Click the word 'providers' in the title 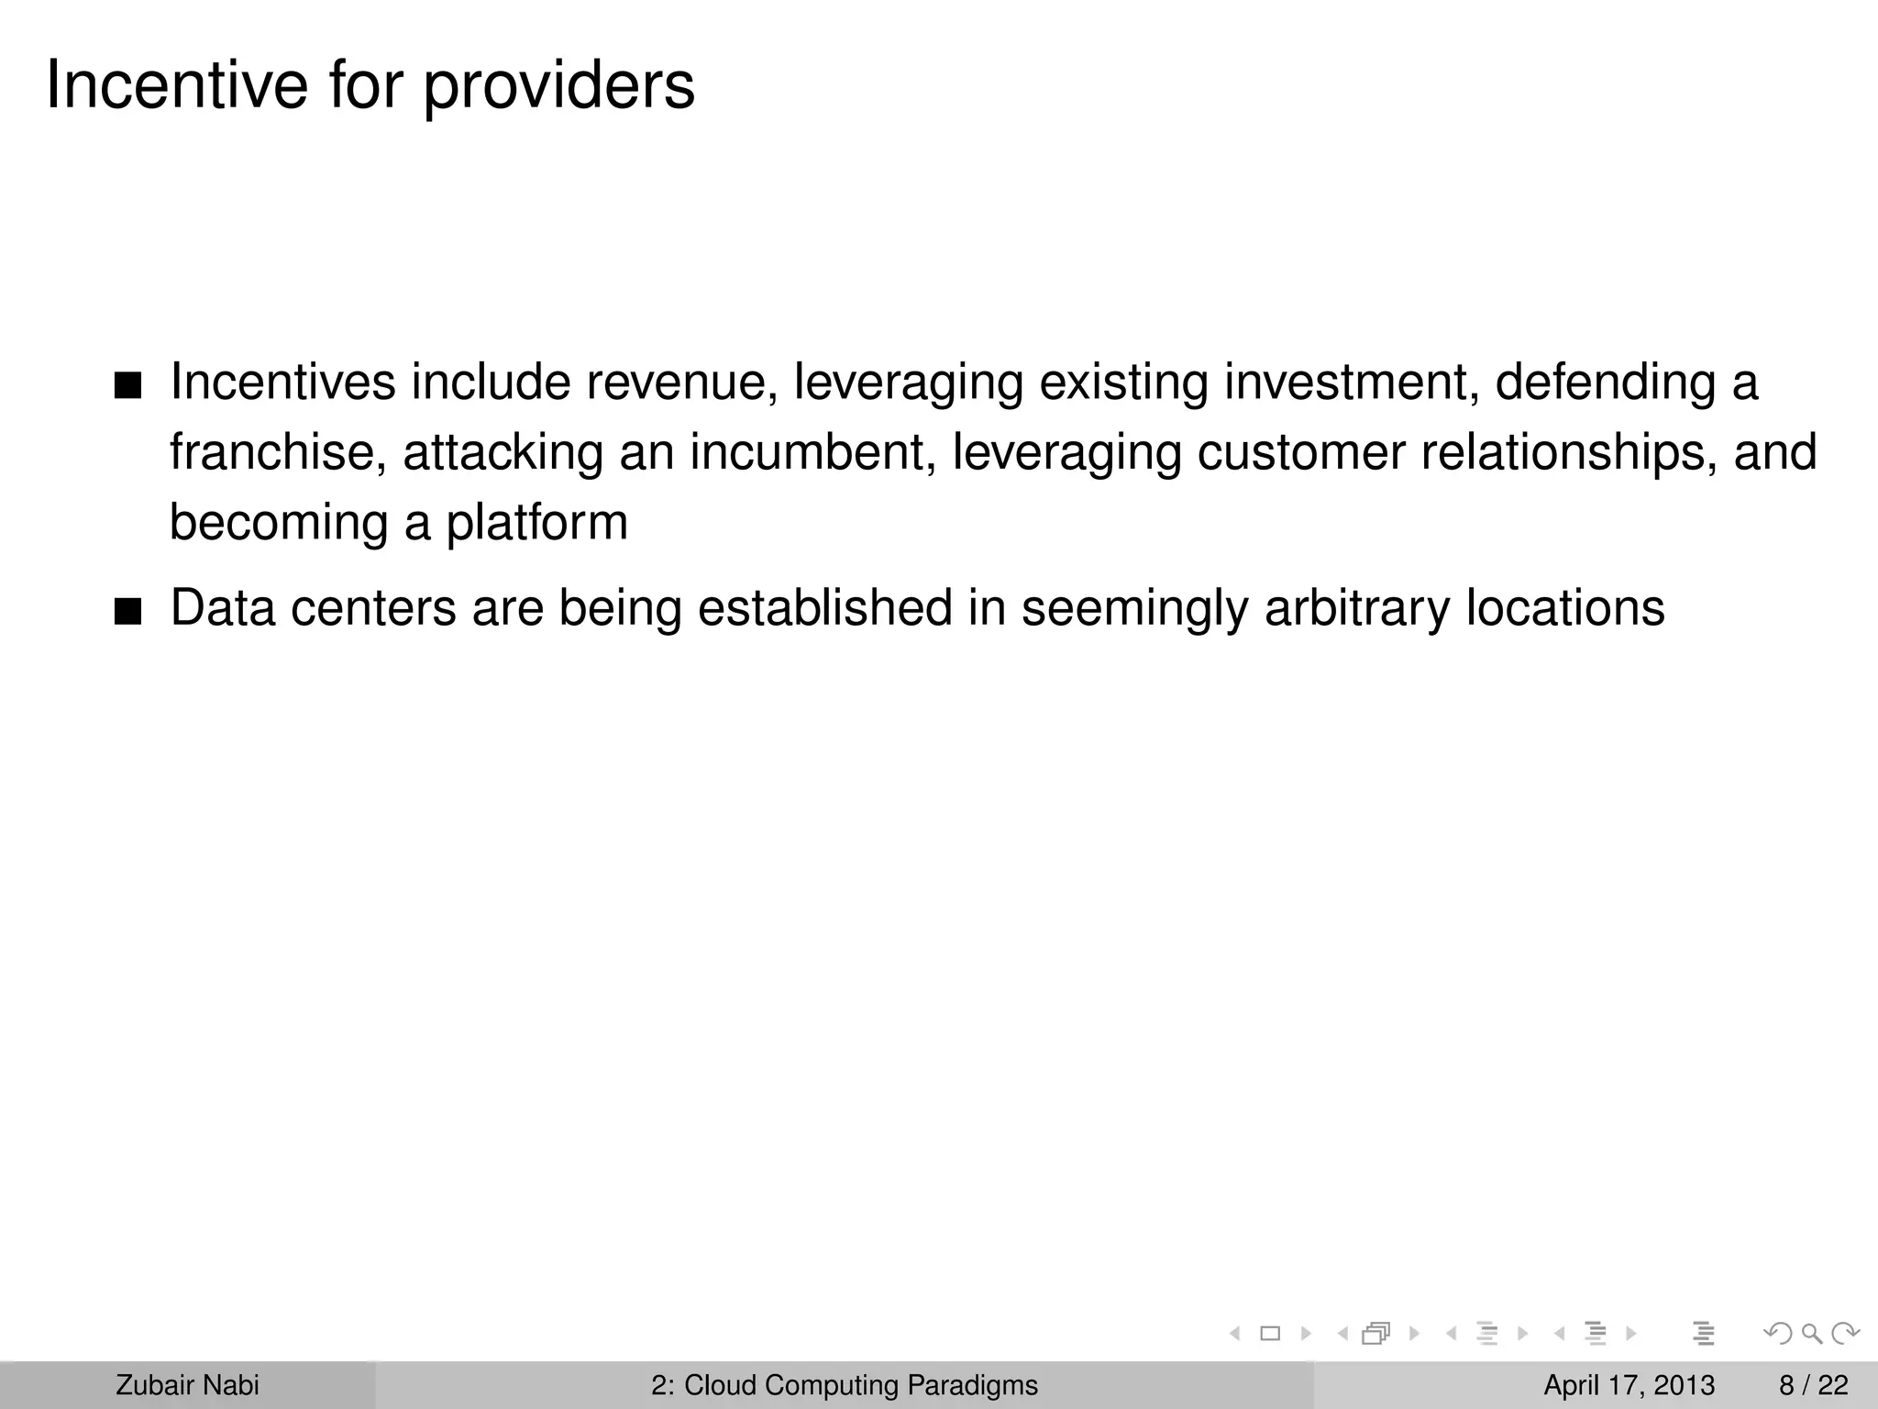tap(558, 87)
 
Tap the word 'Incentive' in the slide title tap(177, 85)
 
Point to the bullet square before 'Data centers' tap(128, 612)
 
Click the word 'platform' tap(536, 523)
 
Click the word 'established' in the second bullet tap(824, 608)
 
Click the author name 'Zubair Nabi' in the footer tap(187, 1385)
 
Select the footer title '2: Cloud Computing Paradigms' tap(845, 1385)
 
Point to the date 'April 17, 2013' tap(1629, 1385)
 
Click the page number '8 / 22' tap(1813, 1385)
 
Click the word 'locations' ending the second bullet tap(1564, 608)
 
